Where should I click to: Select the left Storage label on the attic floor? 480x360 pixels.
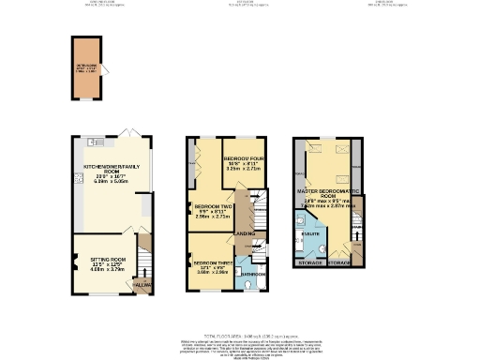309,263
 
